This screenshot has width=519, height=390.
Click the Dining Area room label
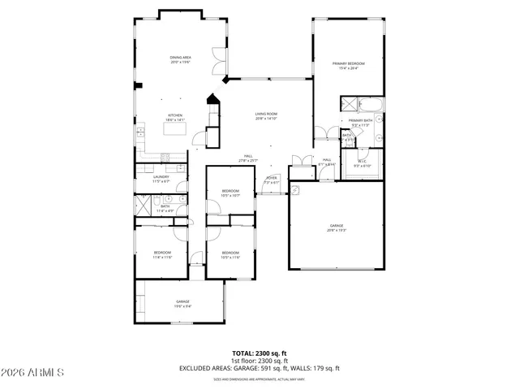[x=180, y=58]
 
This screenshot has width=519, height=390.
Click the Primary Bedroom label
[x=349, y=65]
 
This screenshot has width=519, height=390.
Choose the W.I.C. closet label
[x=363, y=162]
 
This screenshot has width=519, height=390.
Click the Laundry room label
[x=160, y=179]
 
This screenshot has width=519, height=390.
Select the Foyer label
[x=272, y=180]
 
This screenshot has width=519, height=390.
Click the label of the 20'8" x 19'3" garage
[x=337, y=227]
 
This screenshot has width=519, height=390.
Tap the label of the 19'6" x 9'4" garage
[x=182, y=303]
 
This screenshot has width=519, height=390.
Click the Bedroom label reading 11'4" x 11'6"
[x=163, y=254]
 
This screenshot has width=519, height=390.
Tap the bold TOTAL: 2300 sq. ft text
[x=259, y=353]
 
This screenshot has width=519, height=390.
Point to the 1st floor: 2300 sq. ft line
[x=259, y=361]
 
